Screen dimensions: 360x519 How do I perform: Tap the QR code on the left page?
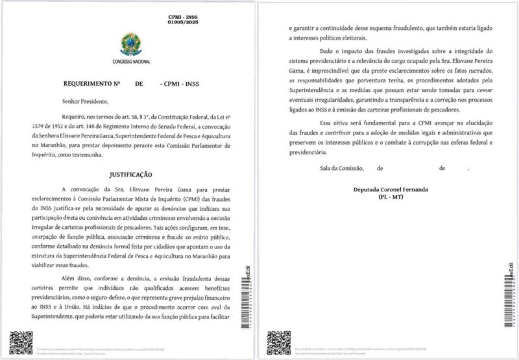[x=19, y=341]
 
